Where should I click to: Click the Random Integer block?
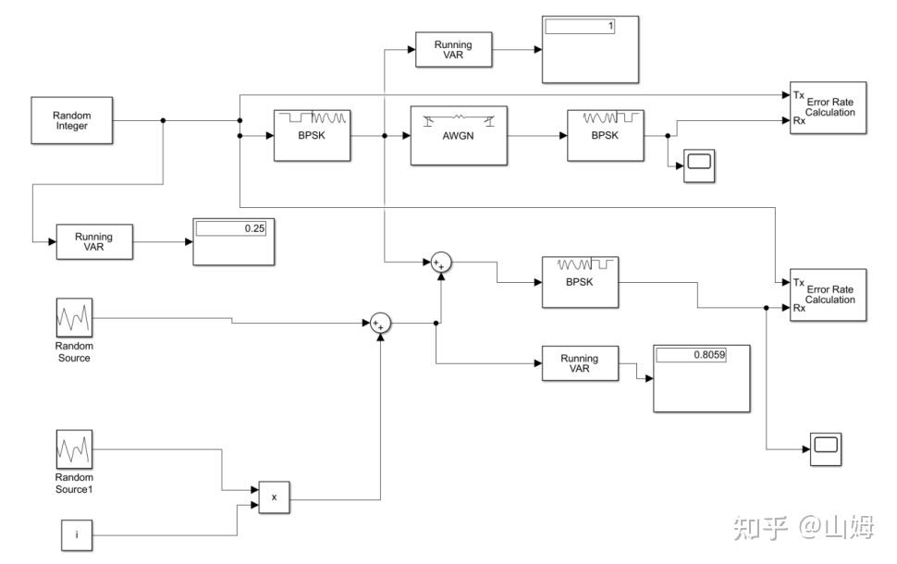71,120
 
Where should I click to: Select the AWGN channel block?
459,136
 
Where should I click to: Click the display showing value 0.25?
234,241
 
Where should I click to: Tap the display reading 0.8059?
701,377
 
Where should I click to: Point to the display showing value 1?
589,49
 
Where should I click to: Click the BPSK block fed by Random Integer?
313,135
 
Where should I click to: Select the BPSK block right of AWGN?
606,135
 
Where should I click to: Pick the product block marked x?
274,498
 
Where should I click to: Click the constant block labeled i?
77,535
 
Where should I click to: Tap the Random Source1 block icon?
74,450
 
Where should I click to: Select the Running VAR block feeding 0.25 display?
93,243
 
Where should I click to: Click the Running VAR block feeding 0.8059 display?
580,364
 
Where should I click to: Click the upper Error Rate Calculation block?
828,109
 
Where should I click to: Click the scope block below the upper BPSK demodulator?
699,166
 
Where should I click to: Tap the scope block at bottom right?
826,448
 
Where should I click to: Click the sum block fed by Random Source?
381,324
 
